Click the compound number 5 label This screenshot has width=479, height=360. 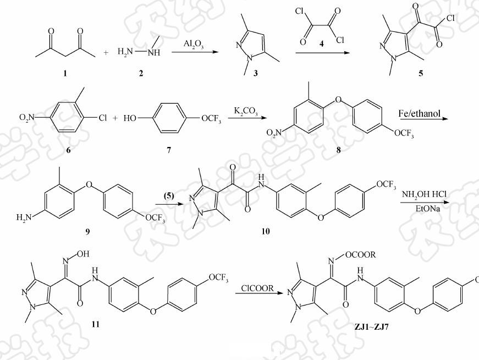421,73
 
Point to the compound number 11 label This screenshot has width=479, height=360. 95,324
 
